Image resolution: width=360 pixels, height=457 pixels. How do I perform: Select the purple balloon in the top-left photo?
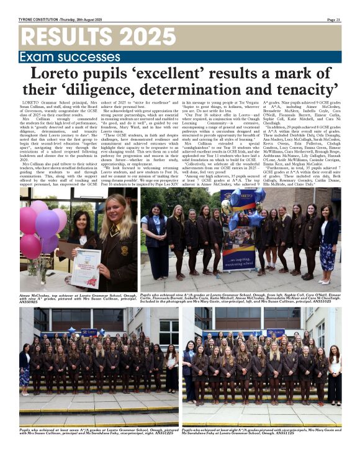(47, 223)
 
